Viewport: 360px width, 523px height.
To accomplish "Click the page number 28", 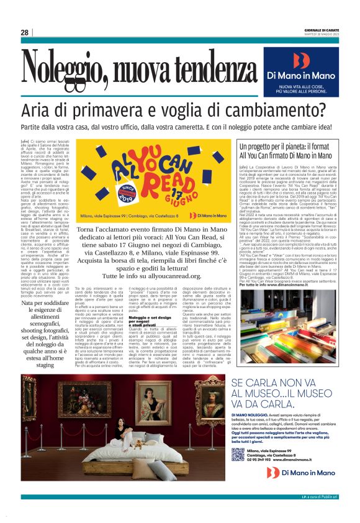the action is pos(24,32).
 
